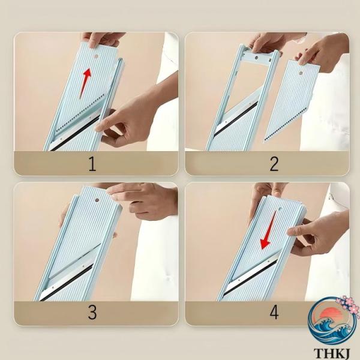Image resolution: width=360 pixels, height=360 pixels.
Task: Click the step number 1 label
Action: (92, 164)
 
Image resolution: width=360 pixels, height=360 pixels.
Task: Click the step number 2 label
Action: (274, 164)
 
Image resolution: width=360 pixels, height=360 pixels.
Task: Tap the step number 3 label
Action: (92, 313)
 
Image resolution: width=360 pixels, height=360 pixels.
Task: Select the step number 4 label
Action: (274, 313)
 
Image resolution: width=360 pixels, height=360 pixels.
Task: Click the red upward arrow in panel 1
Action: (85, 83)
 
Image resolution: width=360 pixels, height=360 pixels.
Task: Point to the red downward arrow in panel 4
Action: (268, 230)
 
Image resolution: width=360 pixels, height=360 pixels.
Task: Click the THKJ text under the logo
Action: (331, 354)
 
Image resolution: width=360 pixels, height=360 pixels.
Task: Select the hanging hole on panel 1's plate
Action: (96, 56)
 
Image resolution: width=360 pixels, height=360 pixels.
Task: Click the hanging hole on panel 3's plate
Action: (97, 200)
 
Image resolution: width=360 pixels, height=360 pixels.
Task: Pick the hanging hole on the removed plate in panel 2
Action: (300, 73)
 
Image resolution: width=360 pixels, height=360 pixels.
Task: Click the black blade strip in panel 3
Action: (67, 283)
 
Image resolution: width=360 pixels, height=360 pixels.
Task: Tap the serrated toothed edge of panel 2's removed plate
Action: (286, 124)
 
